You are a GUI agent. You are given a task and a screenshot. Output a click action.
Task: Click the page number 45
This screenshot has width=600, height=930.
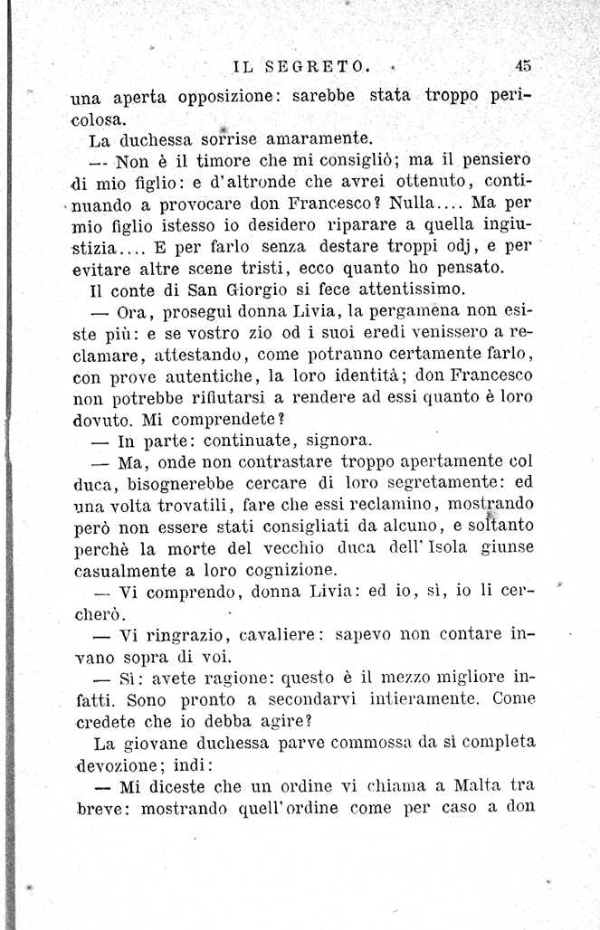click(522, 64)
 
